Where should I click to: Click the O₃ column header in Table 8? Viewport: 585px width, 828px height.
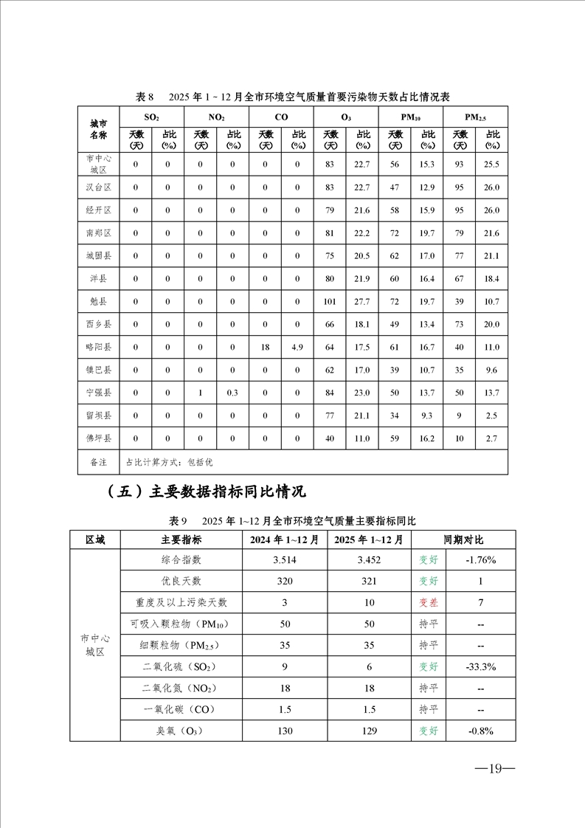346,117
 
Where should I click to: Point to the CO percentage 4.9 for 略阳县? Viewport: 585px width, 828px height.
297,347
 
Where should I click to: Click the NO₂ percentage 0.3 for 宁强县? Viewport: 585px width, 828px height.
232,393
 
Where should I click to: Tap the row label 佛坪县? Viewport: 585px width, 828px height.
98,438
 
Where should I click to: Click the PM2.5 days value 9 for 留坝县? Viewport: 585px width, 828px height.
459,415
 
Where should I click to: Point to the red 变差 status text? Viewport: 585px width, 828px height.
429,603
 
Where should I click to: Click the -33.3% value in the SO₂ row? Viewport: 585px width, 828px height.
481,667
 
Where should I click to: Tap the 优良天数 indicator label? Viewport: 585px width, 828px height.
181,582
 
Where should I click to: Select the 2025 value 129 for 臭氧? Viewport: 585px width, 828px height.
368,731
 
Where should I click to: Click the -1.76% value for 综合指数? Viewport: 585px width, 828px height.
481,560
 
